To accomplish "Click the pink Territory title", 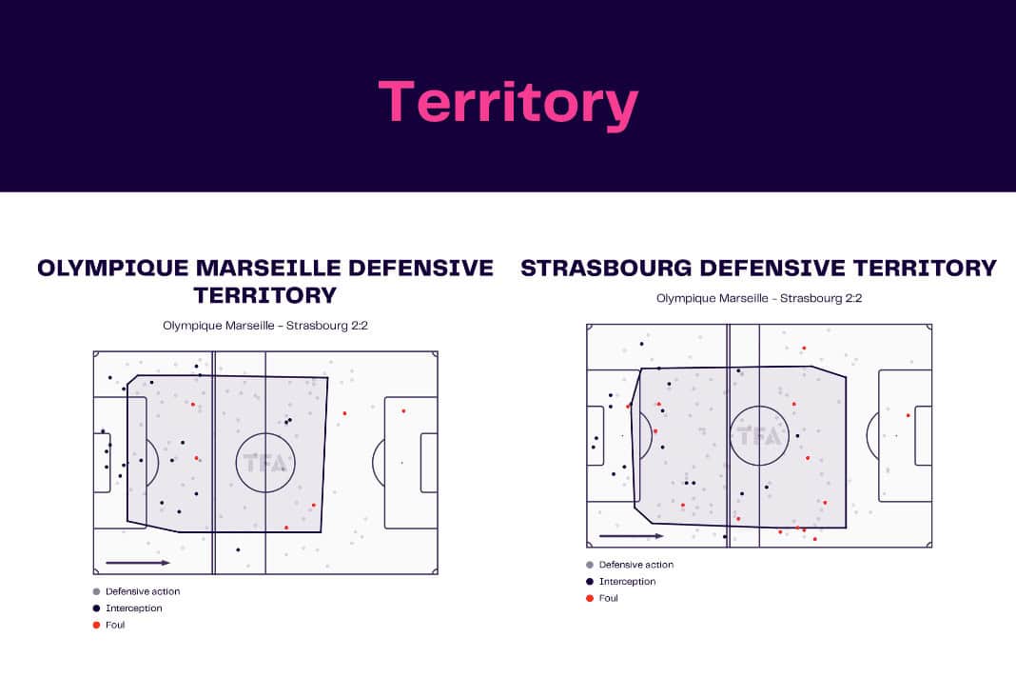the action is tap(509, 103).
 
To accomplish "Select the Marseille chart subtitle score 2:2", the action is tap(359, 326).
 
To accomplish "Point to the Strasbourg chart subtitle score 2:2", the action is tap(852, 298).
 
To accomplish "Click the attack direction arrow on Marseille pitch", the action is tap(138, 563).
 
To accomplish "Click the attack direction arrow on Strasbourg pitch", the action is tap(632, 536).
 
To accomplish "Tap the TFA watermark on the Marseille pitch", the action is tap(264, 463).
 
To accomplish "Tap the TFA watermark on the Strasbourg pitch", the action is tap(759, 436).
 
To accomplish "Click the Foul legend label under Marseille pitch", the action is tap(115, 625).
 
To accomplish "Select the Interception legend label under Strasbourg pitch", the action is tap(627, 581).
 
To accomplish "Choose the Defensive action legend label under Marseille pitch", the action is tap(143, 591).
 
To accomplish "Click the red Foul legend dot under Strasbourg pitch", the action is tap(590, 598).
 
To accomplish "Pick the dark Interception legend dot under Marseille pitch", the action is tap(96, 608).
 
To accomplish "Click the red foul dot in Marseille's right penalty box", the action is tap(403, 411).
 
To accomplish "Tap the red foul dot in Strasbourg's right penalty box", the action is tap(909, 415).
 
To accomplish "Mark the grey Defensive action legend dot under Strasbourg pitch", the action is tap(590, 565).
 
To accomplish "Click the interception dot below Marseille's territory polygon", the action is tap(239, 550).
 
